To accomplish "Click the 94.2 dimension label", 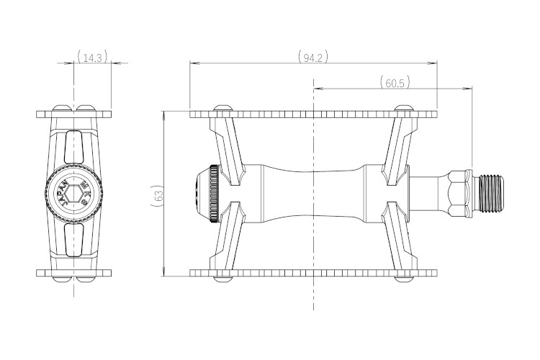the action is click(313, 57).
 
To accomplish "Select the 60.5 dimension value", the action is click(395, 83).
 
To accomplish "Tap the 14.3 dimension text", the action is click(92, 57).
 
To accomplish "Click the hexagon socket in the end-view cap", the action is click(74, 193).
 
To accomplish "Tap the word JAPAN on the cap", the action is click(63, 193).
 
